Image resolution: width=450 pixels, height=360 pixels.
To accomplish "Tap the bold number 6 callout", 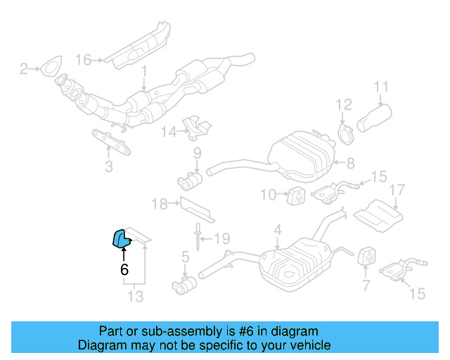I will coord(124,269).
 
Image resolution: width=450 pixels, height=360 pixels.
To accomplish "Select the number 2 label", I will coord(23,69).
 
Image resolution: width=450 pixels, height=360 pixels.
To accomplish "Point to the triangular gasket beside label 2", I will coord(48,69).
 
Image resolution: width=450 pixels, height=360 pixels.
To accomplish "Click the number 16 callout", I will coord(84,60).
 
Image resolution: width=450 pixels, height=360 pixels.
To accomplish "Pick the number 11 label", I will coord(380,88).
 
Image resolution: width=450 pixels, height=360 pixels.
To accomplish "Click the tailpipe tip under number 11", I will coord(376,119).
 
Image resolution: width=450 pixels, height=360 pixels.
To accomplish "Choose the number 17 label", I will coord(397,190).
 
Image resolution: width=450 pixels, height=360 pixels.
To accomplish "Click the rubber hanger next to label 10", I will coord(296,194).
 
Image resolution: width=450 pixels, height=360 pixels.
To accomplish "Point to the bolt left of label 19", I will coord(200,236).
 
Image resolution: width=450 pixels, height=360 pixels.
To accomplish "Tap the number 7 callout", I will coord(366,285).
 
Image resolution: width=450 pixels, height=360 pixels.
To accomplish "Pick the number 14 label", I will coord(169,131).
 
